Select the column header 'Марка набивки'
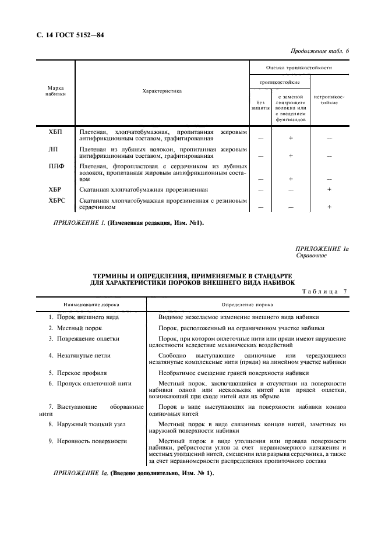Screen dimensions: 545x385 (56, 90)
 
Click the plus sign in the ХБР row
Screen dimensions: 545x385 (329, 190)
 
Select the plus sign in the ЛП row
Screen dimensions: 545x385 (291, 156)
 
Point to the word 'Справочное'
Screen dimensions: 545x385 (311, 255)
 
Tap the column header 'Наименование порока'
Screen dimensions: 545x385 (91, 304)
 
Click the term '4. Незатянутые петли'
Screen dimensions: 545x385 (80, 355)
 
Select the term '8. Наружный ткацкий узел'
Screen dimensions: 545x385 (87, 424)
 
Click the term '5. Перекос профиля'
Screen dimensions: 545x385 (77, 371)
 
